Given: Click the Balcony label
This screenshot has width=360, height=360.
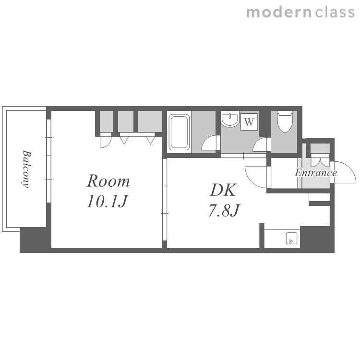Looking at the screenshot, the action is coord(26,169).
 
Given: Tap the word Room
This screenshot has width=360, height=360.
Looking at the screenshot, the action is coord(108,181).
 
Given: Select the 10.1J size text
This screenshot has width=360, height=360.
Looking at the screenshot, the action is coord(107,201).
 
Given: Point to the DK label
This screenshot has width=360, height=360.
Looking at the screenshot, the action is coord(223,190).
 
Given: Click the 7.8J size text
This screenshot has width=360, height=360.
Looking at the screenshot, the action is coord(224,210).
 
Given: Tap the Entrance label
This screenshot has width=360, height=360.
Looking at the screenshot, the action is coord(316,173).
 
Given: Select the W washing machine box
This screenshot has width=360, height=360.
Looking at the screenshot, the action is coord(249,122).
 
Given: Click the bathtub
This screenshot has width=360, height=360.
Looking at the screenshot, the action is coord(179,132).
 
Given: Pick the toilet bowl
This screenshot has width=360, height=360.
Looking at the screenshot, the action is coord(285,122).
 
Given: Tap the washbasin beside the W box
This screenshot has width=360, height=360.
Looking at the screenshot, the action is coord(230,119).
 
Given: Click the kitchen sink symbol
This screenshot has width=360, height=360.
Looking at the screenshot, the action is coord(291,238).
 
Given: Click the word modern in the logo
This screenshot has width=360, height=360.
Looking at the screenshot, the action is coord(279,12).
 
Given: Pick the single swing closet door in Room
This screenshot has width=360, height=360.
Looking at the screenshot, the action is coord(106,140).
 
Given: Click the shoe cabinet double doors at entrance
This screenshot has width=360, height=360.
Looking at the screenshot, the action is coord(320,160).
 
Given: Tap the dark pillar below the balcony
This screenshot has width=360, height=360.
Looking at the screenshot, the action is coord(35,240).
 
